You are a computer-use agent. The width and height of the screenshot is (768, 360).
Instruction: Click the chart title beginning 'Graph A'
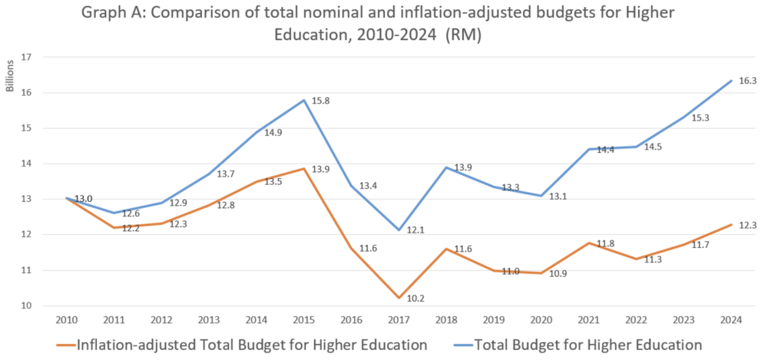[384, 25]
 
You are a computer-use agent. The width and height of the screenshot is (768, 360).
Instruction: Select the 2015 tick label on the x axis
[305, 319]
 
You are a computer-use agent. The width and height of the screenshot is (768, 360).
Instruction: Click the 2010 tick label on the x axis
[66, 319]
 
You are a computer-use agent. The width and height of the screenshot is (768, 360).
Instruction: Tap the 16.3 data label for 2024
[746, 80]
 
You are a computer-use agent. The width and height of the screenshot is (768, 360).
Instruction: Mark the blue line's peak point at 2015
[305, 100]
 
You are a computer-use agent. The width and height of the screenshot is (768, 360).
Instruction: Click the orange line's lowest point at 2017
[399, 298]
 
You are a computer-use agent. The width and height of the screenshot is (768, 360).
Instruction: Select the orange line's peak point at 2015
[305, 168]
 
